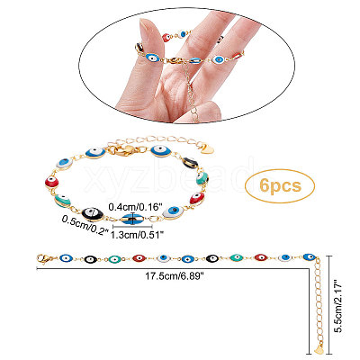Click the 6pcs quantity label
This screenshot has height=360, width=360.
click(x=280, y=185)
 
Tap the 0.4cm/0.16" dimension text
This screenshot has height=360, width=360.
click(x=136, y=207)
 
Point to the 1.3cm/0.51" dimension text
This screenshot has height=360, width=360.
click(x=137, y=235)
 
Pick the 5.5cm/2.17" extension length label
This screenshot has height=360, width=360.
click(x=339, y=305)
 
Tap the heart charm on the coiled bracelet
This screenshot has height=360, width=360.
click(x=210, y=149)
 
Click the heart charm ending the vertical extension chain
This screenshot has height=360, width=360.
click(x=319, y=348)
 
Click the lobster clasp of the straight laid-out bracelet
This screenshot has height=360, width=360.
click(x=43, y=258)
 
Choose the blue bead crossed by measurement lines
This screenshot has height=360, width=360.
click(x=132, y=219)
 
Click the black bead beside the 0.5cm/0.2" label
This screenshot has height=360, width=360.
click(x=93, y=213)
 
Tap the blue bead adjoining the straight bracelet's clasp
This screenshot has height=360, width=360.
click(x=67, y=258)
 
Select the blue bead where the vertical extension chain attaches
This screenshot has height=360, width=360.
click(x=310, y=257)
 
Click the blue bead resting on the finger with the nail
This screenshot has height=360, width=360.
click(x=153, y=58)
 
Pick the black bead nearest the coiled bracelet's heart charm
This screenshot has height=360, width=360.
click(x=190, y=163)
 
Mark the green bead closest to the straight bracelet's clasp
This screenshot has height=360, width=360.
click(x=115, y=259)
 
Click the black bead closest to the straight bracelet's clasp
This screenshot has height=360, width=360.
click(x=91, y=259)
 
